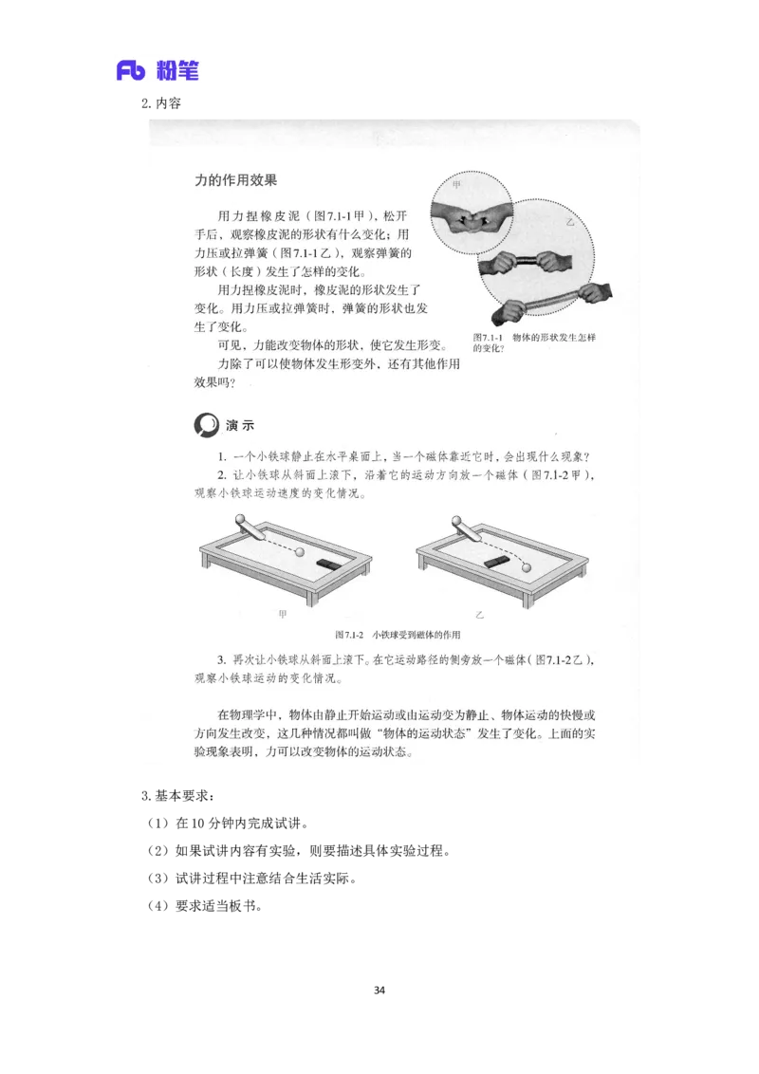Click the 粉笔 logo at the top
coord(159,68)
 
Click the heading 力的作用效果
coord(235,179)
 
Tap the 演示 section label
coord(240,425)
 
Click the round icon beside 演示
coord(206,425)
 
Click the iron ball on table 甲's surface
coord(302,551)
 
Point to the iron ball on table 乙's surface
coord(528,567)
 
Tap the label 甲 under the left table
coord(282,615)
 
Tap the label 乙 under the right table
coord(480,615)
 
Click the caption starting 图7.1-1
coord(534,343)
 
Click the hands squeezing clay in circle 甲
coord(472,217)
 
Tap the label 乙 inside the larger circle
coord(570,222)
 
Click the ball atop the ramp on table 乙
coord(456,520)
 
